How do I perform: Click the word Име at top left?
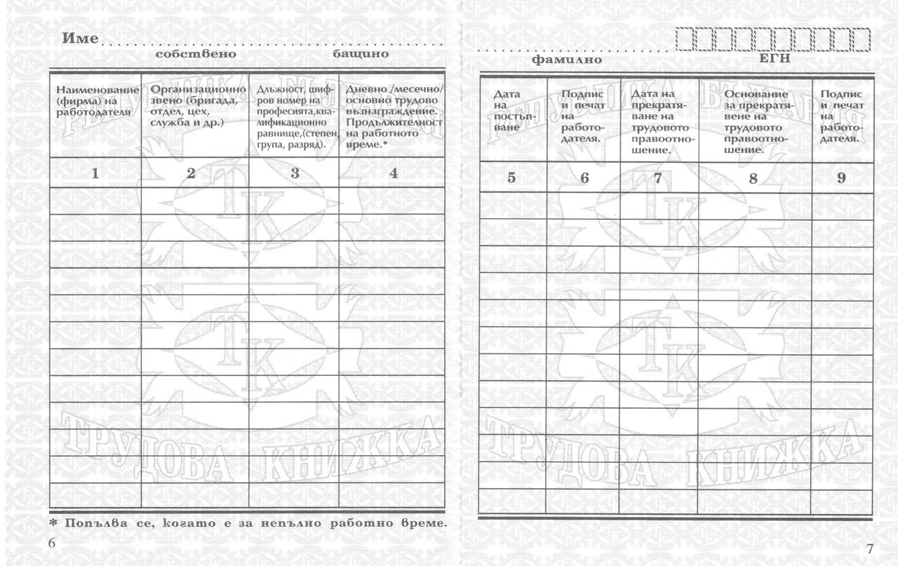80,39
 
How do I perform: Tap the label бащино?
361,53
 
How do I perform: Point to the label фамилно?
566,60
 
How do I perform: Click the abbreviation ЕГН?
775,59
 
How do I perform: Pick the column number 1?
95,174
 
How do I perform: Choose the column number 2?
191,174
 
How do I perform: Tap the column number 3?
295,173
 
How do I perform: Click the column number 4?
393,173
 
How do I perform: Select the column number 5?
511,177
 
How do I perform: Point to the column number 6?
584,178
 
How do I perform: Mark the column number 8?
753,178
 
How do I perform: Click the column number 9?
841,177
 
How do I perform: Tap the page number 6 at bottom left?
52,544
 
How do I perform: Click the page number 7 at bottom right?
870,548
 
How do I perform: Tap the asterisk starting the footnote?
53,523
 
